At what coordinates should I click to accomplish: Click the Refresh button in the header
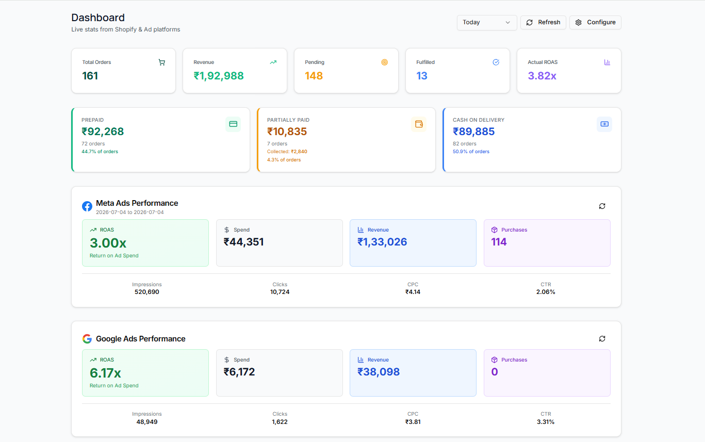[x=543, y=22]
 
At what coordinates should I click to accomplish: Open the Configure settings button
[x=595, y=22]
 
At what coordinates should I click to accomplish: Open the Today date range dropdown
[x=486, y=22]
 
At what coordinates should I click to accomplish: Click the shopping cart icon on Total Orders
[x=162, y=62]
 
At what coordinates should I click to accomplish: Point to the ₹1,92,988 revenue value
[x=219, y=76]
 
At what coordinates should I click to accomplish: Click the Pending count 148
[x=314, y=76]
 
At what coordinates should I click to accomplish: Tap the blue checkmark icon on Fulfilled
[x=496, y=62]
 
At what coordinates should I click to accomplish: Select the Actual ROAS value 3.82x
[x=542, y=76]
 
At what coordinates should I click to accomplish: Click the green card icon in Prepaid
[x=233, y=124]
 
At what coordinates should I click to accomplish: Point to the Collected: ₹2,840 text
[x=287, y=152]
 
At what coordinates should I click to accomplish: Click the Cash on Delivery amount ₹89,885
[x=473, y=132]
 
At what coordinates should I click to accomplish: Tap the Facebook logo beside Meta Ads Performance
[x=87, y=206]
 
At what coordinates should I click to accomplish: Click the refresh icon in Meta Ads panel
[x=602, y=206]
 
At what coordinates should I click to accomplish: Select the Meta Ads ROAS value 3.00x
[x=108, y=243]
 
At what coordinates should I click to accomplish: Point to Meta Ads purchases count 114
[x=499, y=242]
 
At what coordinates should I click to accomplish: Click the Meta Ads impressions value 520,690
[x=147, y=292]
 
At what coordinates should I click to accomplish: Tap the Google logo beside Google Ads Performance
[x=87, y=339]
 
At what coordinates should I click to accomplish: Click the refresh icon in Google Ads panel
[x=602, y=339]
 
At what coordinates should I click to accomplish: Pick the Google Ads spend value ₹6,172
[x=239, y=372]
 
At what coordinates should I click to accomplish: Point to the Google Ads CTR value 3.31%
[x=546, y=422]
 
